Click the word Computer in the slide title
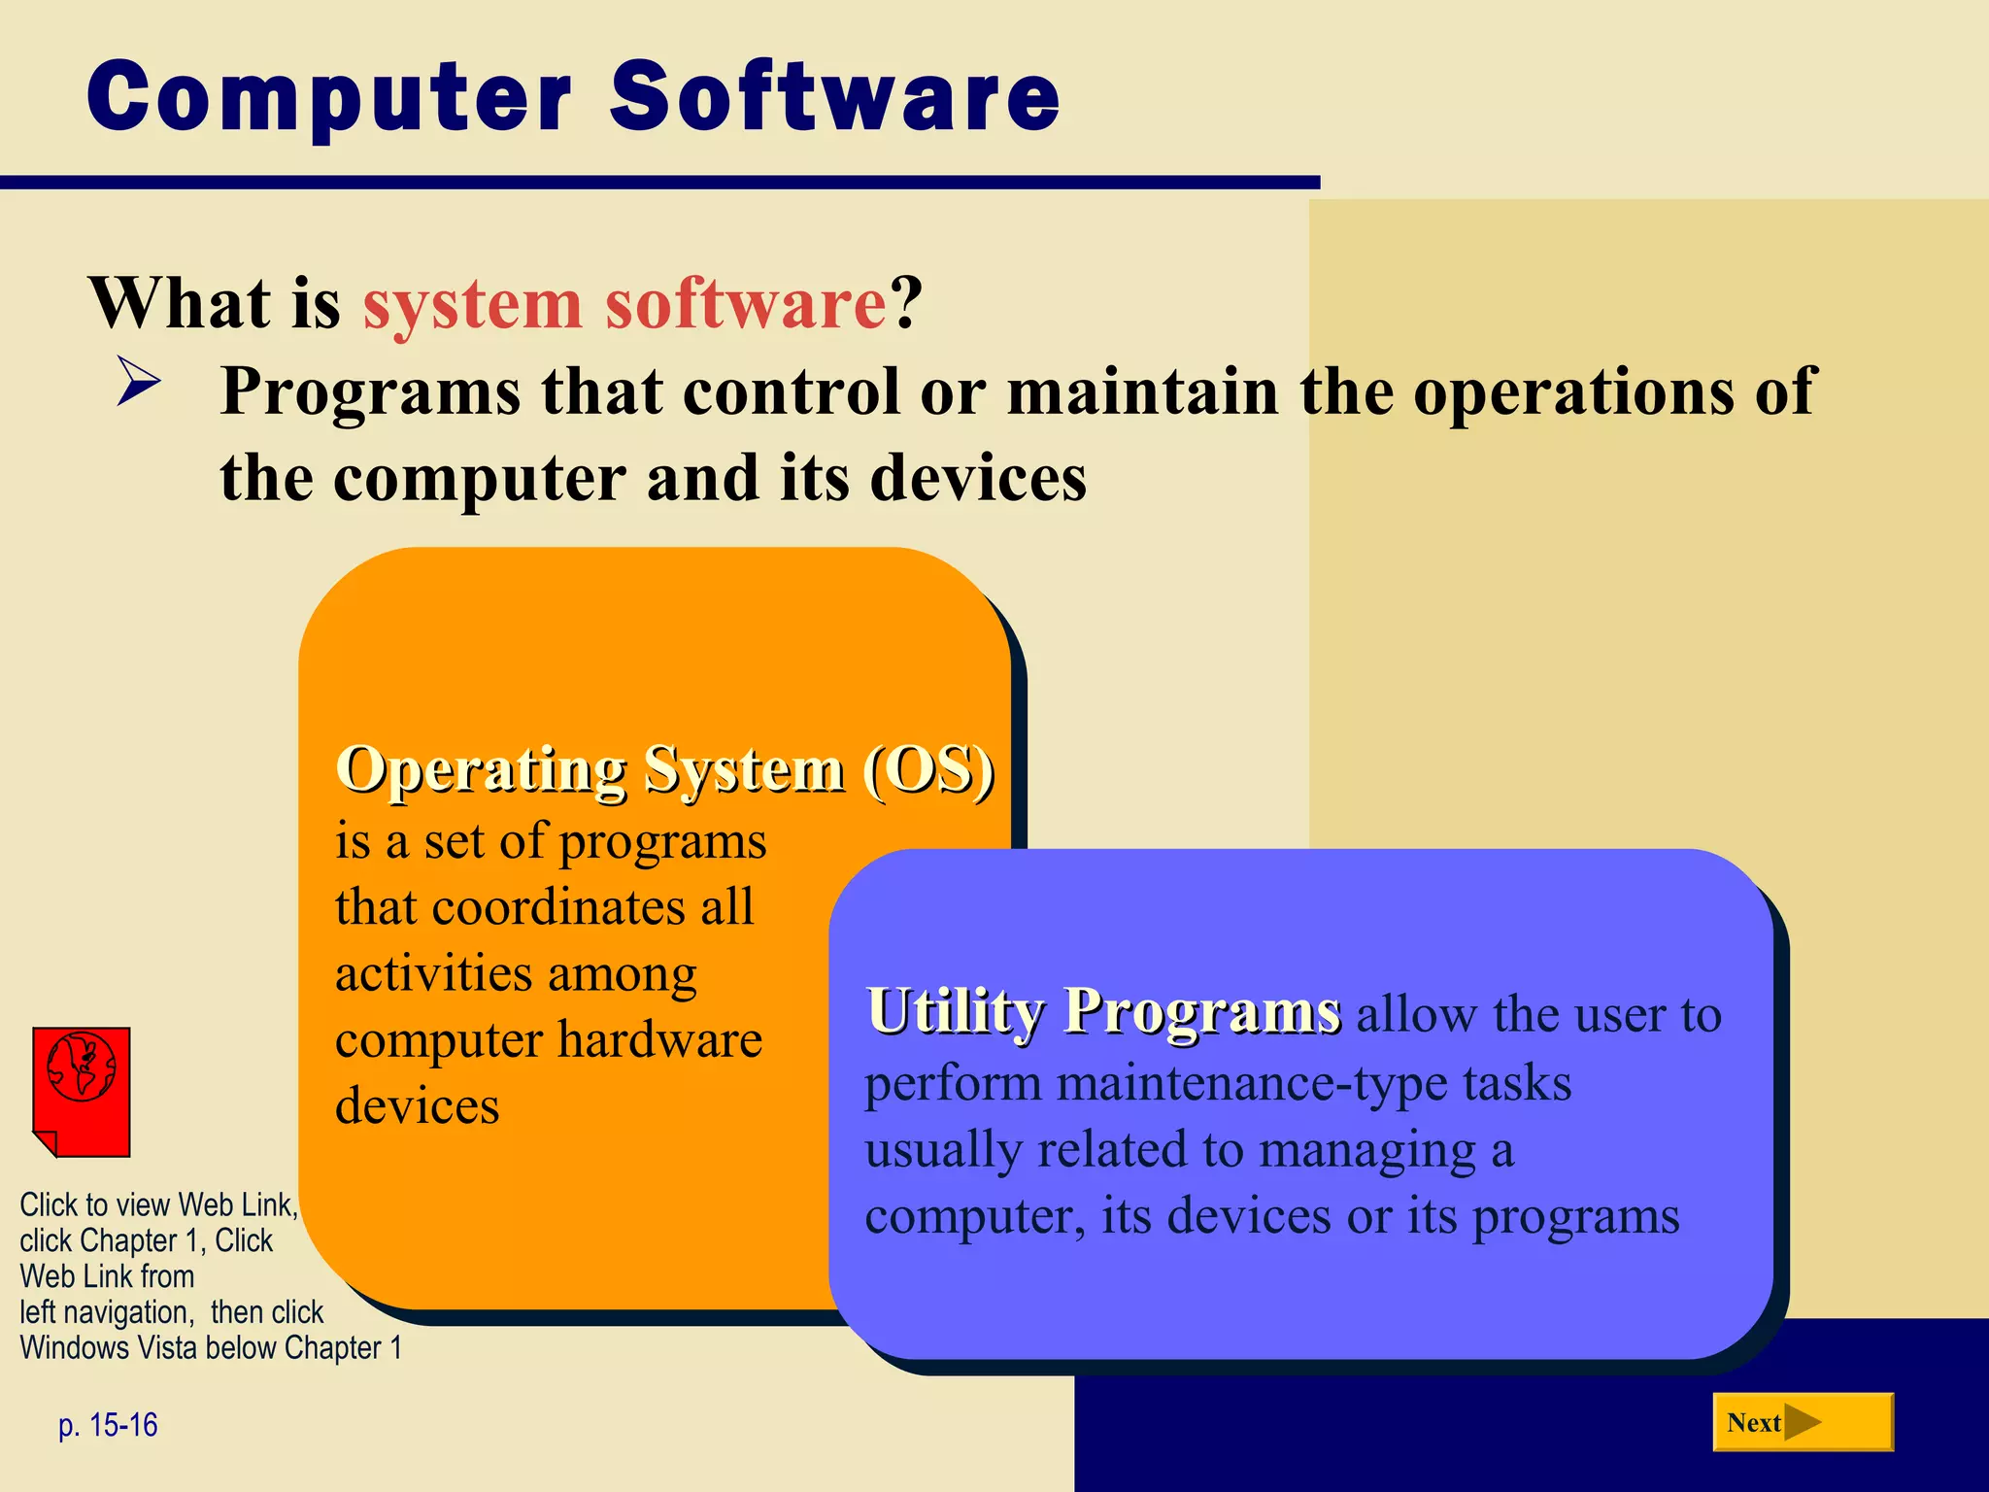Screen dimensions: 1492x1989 tap(330, 97)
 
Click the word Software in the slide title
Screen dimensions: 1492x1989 tap(835, 97)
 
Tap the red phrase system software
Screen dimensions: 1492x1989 tap(624, 304)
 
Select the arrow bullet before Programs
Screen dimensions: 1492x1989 tap(139, 381)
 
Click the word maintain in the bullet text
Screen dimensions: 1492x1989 tap(1142, 391)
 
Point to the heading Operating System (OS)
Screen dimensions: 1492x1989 tap(665, 770)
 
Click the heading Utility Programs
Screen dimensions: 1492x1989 tap(1103, 1011)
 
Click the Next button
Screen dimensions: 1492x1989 tap(1803, 1422)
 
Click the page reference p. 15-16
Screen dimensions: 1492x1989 tap(108, 1425)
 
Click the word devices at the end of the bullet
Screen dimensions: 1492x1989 tap(977, 479)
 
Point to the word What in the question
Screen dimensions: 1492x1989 tap(180, 304)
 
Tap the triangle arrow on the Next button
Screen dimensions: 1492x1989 tap(1803, 1422)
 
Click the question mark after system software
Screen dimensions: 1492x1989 tap(905, 304)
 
